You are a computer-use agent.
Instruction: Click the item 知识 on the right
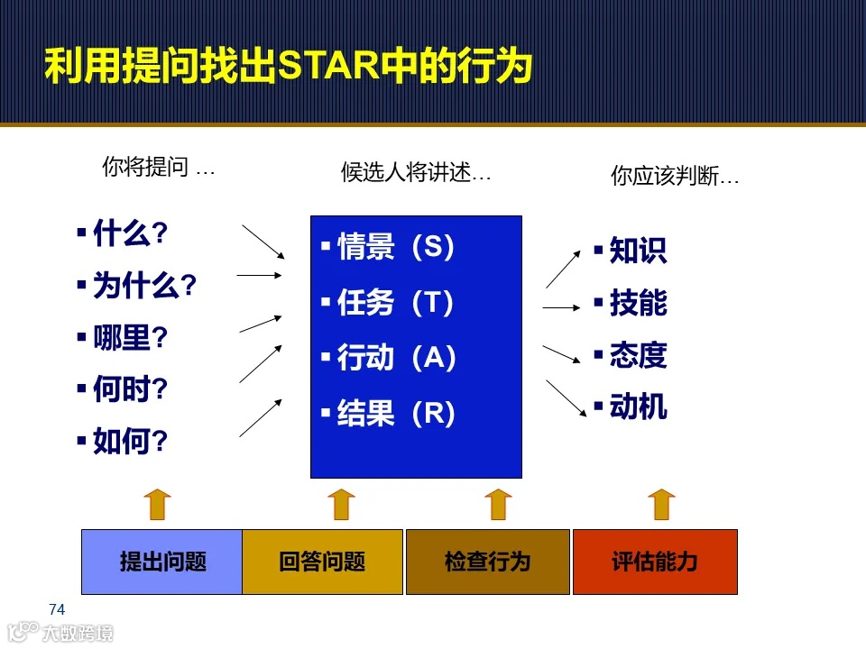pos(637,251)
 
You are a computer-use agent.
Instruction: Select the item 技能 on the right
pos(637,303)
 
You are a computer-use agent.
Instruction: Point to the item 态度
pos(637,355)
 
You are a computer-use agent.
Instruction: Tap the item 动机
pos(637,407)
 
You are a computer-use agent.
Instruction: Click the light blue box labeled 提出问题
pos(162,562)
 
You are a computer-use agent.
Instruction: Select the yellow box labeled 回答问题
pos(322,562)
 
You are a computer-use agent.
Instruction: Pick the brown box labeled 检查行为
pos(487,562)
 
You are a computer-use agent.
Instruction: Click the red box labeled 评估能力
pos(655,562)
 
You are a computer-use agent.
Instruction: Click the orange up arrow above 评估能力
pos(661,504)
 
